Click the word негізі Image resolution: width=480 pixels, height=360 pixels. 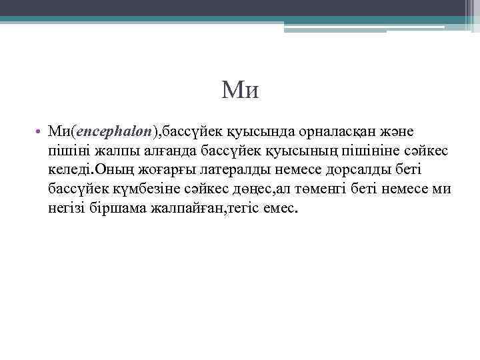click(x=67, y=209)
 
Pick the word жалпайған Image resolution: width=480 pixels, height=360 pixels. click(x=184, y=209)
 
